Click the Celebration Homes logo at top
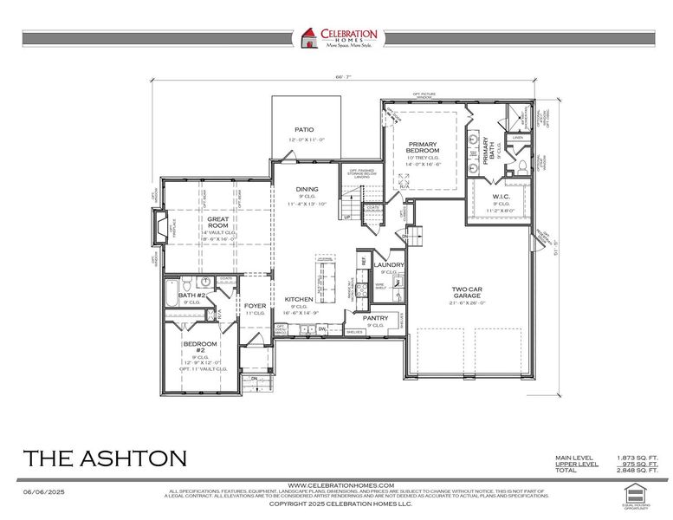[338, 39]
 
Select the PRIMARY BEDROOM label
[424, 147]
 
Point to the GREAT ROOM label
[217, 223]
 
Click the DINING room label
[307, 189]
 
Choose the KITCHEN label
[298, 299]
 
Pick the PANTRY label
[376, 318]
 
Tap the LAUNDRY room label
[390, 265]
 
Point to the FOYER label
[255, 306]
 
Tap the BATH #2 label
[191, 296]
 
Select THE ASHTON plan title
[105, 458]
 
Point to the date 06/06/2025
[44, 491]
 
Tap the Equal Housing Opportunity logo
[635, 493]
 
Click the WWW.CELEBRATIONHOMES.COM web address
[340, 484]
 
